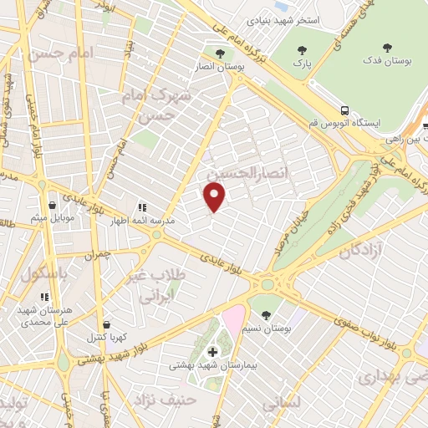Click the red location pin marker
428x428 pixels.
coord(216,197)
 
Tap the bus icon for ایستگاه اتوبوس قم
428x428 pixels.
coord(344,110)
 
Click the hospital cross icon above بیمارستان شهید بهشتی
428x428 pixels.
coord(212,351)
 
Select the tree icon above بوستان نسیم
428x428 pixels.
coord(266,315)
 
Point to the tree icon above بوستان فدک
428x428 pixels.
coord(387,48)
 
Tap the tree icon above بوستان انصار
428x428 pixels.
coord(220,54)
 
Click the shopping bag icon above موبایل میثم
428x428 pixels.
coord(52,205)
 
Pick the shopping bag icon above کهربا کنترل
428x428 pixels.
coord(106,324)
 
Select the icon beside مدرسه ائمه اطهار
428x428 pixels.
coord(141,207)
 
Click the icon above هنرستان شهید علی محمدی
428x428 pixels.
coord(44,296)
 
